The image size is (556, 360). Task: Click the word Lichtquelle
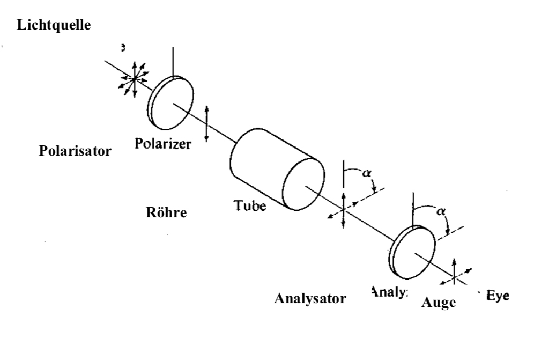(53, 25)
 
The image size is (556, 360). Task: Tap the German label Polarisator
(76, 151)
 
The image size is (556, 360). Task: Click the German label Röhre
(166, 212)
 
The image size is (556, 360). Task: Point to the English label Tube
(249, 205)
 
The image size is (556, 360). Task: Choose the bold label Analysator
(310, 298)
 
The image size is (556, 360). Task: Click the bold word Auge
(439, 303)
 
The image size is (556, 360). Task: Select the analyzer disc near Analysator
(413, 251)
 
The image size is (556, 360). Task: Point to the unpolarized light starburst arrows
(133, 79)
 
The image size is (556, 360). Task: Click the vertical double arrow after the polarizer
(207, 123)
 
